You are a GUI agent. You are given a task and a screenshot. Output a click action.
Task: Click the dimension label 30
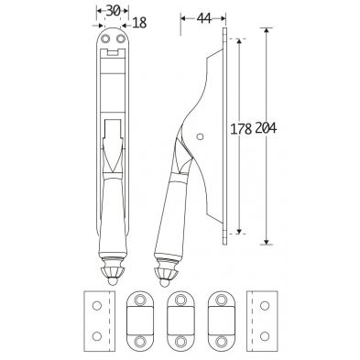pyautogui.click(x=113, y=11)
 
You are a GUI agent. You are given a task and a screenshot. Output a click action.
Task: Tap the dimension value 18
pyautogui.click(x=140, y=23)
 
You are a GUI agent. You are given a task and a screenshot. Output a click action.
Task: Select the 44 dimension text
pyautogui.click(x=204, y=18)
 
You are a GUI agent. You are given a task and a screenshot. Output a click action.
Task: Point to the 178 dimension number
pyautogui.click(x=241, y=129)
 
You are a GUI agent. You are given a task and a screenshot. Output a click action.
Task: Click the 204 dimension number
pyautogui.click(x=266, y=128)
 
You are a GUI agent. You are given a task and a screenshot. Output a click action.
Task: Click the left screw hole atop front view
pyautogui.click(x=105, y=39)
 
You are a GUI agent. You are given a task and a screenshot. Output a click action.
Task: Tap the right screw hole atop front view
pyautogui.click(x=120, y=39)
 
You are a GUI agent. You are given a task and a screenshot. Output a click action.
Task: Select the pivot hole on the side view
pyautogui.click(x=200, y=136)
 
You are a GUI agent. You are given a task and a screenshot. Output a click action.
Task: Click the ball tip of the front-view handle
pyautogui.click(x=113, y=281)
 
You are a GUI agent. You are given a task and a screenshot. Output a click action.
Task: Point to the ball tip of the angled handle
pyautogui.click(x=163, y=283)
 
